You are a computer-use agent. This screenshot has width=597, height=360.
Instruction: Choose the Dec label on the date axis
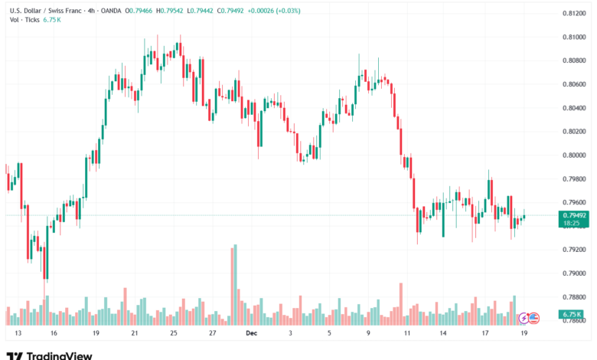(251, 334)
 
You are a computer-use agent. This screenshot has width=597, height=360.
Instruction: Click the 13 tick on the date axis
(18, 334)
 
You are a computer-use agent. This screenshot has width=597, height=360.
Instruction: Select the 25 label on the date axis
(174, 334)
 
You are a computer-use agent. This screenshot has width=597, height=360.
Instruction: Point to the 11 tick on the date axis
(408, 334)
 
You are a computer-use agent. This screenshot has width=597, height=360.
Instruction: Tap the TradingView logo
(49, 355)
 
